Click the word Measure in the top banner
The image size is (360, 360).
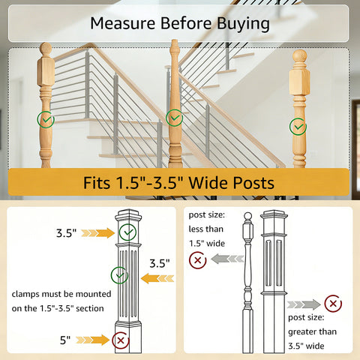(x=123, y=23)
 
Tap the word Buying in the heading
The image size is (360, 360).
(x=243, y=24)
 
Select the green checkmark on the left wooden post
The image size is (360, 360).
(x=46, y=119)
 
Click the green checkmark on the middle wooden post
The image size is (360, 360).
(x=175, y=118)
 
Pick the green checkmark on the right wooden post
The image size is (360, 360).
(x=298, y=127)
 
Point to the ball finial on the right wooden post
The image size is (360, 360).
(x=299, y=55)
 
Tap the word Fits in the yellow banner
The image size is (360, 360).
(x=97, y=183)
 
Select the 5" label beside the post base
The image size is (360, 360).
(x=65, y=340)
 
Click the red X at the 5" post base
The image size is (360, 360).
(x=121, y=340)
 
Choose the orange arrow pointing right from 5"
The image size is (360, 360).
(x=92, y=340)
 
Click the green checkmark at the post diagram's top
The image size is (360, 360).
(x=127, y=232)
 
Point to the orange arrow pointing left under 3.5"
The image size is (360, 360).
(x=157, y=278)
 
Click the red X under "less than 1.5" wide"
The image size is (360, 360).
(x=198, y=260)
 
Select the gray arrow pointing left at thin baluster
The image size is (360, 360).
(x=227, y=259)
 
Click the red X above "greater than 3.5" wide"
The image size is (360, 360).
(x=333, y=304)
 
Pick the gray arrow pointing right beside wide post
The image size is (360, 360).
(x=304, y=304)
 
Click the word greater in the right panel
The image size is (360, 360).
(x=301, y=332)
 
